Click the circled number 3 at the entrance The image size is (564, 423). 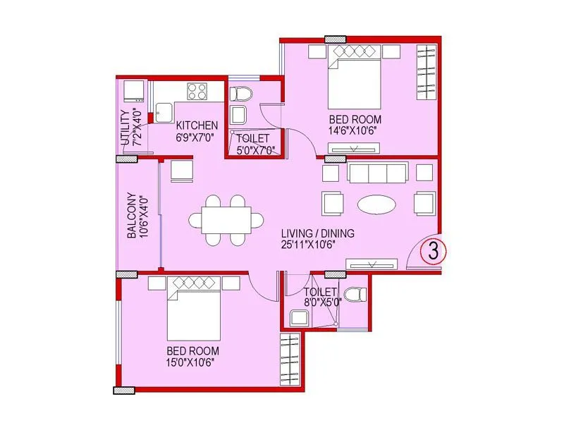430,250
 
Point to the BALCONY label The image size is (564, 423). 132,216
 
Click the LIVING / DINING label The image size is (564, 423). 317,233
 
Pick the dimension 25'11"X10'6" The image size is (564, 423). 317,245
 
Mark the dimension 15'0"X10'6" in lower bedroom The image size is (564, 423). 190,362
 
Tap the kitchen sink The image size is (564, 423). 164,111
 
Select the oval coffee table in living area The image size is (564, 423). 376,204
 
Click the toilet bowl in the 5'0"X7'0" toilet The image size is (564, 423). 240,92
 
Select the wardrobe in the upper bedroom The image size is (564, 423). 426,73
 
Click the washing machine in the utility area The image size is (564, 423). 132,92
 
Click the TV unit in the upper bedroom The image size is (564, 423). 354,148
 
